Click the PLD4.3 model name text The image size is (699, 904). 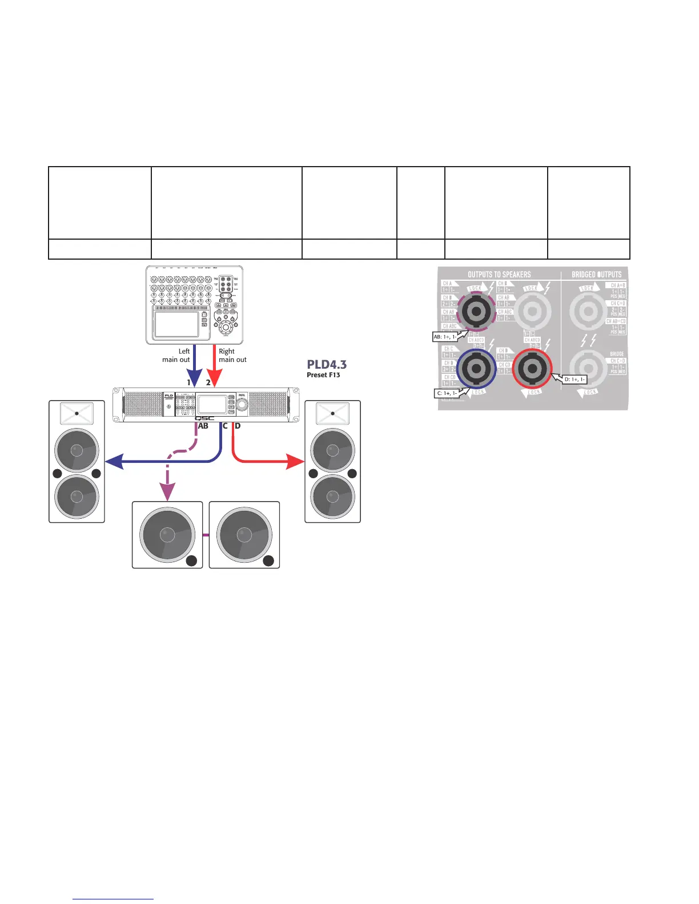[327, 365]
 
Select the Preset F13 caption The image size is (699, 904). [323, 375]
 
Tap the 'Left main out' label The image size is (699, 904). [177, 356]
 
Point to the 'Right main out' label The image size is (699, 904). [232, 356]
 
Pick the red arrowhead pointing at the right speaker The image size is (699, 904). [294, 462]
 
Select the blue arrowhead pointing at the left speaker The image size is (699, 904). [115, 462]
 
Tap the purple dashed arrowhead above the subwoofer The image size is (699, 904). [166, 490]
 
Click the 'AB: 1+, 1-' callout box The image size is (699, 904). [445, 337]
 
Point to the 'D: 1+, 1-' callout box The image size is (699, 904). [575, 380]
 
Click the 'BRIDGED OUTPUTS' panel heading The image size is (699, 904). [596, 275]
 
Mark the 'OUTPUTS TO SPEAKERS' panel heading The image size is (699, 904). [499, 275]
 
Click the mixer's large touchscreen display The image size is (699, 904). [176, 323]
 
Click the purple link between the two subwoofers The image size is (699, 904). [206, 535]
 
